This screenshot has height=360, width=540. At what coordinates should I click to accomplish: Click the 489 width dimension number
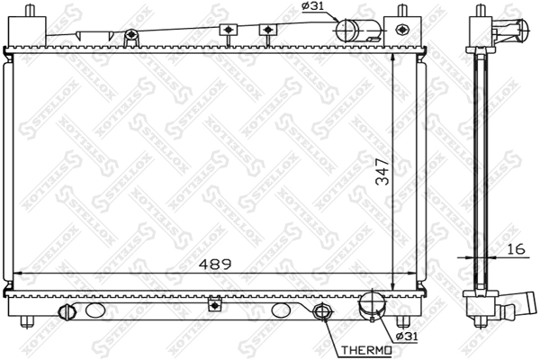click(215, 265)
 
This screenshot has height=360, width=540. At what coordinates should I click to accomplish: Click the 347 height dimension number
click(382, 172)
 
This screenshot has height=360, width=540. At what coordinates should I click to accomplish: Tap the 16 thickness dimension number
click(517, 248)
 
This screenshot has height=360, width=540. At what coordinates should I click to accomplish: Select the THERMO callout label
click(366, 350)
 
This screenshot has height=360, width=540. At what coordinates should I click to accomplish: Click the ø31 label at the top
click(312, 5)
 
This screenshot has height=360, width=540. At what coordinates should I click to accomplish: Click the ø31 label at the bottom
click(407, 336)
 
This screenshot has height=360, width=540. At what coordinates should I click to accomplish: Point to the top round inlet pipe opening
click(346, 31)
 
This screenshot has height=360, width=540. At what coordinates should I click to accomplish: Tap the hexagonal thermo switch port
click(322, 311)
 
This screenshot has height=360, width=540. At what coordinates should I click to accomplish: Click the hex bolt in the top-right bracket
click(401, 30)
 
